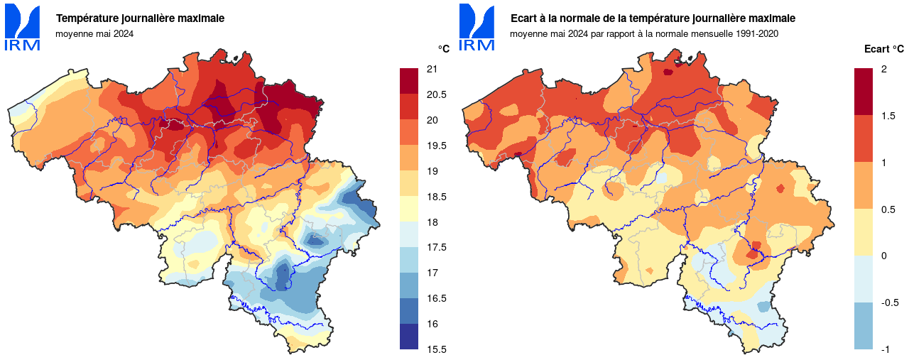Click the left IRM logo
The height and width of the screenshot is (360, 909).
click(x=22, y=28)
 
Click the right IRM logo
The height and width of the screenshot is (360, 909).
click(x=477, y=28)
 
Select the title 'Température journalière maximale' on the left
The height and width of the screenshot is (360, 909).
click(x=140, y=18)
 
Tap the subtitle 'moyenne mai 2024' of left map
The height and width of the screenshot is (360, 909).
click(x=94, y=33)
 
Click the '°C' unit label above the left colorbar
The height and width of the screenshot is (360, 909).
click(x=443, y=49)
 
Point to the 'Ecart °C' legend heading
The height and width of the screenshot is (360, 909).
click(x=883, y=49)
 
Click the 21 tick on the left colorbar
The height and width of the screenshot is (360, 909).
click(x=431, y=69)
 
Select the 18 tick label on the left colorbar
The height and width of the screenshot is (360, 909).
click(x=431, y=222)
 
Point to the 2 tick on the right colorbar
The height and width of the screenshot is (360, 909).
click(x=883, y=69)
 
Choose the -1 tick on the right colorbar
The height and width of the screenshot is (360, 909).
click(x=885, y=349)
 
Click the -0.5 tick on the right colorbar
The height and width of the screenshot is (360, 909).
click(x=889, y=302)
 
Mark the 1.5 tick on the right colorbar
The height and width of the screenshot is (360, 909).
click(x=887, y=116)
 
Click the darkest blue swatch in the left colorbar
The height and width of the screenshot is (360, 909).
click(x=408, y=337)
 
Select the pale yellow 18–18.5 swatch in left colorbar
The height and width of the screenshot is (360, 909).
click(x=408, y=209)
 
